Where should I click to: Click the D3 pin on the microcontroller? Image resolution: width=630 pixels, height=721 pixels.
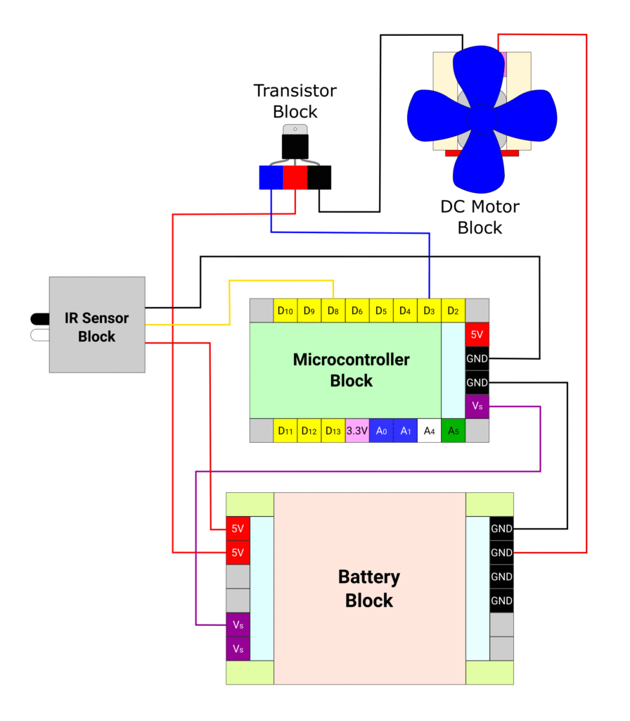click(429, 311)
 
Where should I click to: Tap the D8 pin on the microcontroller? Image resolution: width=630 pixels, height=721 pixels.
click(333, 311)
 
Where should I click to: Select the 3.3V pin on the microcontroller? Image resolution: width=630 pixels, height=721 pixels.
click(357, 431)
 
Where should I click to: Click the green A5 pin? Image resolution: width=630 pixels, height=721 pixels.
click(453, 431)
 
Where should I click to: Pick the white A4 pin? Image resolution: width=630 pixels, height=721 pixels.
click(429, 431)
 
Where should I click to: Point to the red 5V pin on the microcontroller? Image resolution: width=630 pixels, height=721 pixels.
click(477, 334)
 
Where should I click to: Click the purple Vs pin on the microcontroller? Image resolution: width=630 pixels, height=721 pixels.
click(477, 406)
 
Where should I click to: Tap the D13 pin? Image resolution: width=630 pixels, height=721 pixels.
click(333, 431)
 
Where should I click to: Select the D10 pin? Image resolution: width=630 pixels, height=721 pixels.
click(285, 311)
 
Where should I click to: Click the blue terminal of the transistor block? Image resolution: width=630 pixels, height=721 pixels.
click(271, 177)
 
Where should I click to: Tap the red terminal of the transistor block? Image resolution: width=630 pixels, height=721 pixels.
click(295, 177)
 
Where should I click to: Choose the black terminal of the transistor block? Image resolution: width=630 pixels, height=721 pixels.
click(319, 177)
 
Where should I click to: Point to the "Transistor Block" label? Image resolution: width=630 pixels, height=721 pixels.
click(295, 101)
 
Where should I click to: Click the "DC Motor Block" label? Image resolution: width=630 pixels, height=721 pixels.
click(480, 217)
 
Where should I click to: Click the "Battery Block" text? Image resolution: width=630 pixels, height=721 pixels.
click(369, 589)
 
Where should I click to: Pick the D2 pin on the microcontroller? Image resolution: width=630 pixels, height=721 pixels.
click(453, 311)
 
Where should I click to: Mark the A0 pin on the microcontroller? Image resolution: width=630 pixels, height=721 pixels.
click(381, 431)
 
